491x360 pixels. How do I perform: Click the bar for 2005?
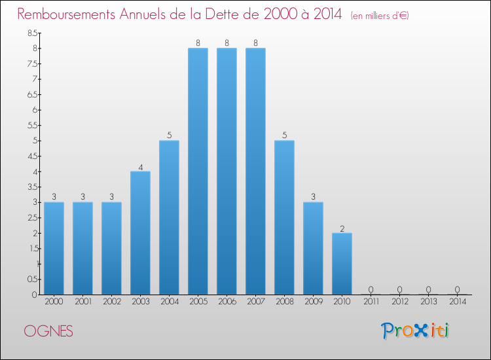(198, 171)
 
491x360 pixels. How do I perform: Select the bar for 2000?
(54, 248)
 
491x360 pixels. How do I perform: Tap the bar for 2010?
(342, 264)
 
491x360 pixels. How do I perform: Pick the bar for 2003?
(140, 233)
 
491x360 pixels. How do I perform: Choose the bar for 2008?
(284, 217)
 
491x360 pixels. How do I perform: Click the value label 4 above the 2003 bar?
(140, 166)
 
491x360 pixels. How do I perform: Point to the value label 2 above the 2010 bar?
(342, 228)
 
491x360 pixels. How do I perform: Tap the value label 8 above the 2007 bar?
(255, 43)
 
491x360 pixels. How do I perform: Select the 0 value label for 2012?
(399, 289)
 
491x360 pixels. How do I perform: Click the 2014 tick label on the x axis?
(457, 302)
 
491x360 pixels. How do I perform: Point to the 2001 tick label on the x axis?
(82, 302)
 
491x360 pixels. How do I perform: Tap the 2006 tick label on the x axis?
(227, 302)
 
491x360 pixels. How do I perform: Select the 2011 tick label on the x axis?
(371, 302)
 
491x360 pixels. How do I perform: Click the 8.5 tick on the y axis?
(31, 33)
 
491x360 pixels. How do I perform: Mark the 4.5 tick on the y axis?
(31, 156)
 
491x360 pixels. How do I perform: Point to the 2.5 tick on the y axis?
(31, 217)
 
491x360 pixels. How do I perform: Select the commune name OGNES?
(49, 331)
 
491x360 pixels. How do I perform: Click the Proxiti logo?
(416, 331)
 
